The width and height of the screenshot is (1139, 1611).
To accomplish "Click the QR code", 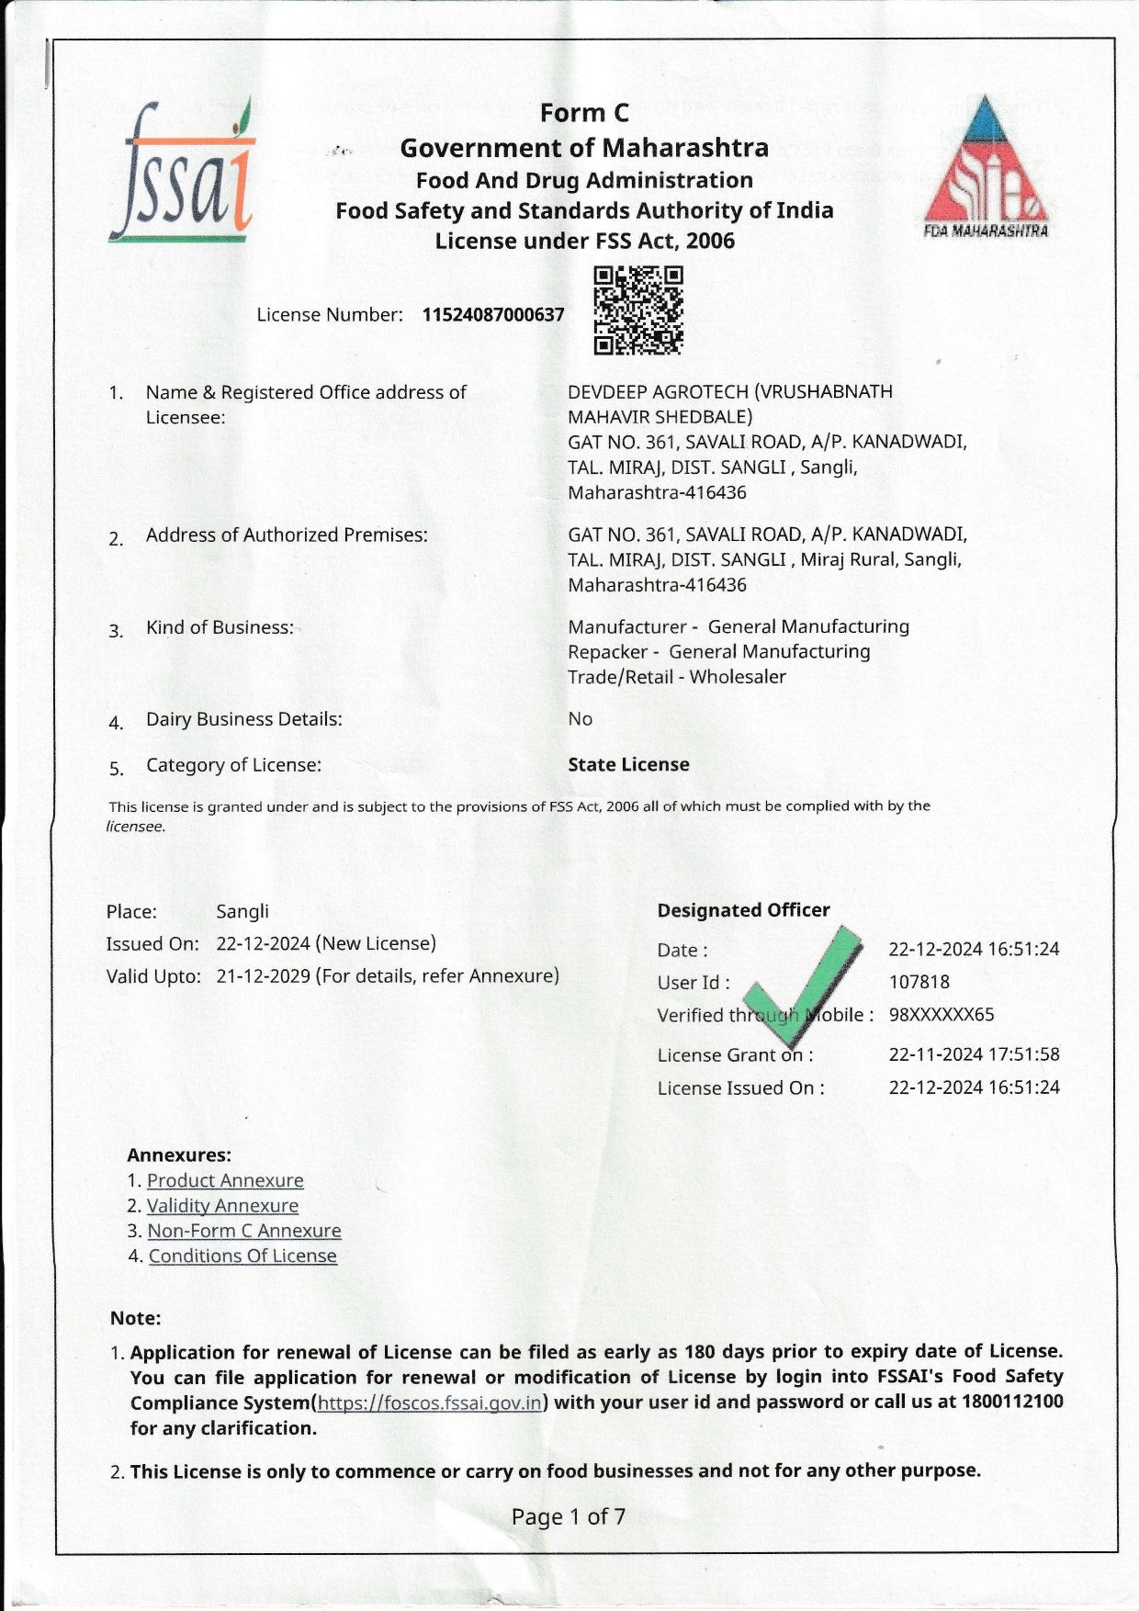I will (x=638, y=310).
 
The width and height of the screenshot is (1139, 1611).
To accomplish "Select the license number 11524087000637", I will (x=493, y=315).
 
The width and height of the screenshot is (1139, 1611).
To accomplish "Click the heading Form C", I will (x=584, y=113).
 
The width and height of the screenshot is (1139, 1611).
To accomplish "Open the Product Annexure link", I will (x=225, y=1180).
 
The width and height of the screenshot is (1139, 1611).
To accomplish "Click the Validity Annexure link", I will (x=222, y=1205).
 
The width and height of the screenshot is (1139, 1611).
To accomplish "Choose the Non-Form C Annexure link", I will (x=244, y=1231).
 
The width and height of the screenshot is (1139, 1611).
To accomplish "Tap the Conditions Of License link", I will (x=242, y=1256).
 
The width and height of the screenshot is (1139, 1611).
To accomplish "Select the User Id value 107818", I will (x=919, y=982).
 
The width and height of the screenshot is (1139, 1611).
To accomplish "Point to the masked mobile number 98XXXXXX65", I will (x=941, y=1015).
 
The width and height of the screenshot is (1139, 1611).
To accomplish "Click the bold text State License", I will (x=628, y=764).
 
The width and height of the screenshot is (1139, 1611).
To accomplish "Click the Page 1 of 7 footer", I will (x=569, y=1516).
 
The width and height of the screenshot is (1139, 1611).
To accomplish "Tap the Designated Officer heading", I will (x=743, y=910).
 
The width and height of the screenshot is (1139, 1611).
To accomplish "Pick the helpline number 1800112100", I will (x=1012, y=1402).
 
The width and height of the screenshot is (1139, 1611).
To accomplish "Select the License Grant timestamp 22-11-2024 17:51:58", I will (x=974, y=1054).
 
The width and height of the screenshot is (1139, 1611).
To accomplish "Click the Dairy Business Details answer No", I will (x=580, y=719).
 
